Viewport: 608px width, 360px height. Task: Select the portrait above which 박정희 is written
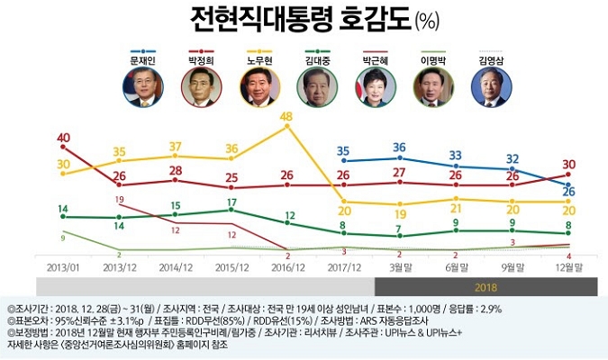[199, 87]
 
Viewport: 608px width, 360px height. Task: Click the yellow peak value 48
[286, 117]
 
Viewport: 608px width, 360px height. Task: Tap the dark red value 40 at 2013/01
[63, 139]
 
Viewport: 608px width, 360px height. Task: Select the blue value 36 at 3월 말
[399, 148]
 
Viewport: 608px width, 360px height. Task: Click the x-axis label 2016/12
[286, 267]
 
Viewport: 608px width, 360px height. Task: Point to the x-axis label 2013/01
[63, 267]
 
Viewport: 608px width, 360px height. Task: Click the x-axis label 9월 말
[513, 267]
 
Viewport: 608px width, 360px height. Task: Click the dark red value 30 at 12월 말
[569, 165]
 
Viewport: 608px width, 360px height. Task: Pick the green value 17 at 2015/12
[231, 202]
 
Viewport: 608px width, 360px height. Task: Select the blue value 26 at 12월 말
[569, 191]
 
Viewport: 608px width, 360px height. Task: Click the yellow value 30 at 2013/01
[63, 164]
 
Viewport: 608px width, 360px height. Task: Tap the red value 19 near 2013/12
[120, 199]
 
